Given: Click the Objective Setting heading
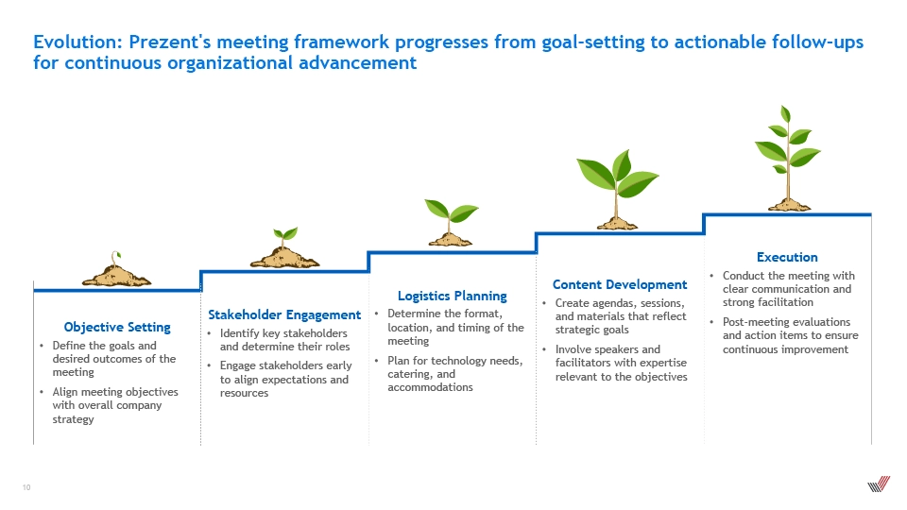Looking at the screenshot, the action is coord(117,328).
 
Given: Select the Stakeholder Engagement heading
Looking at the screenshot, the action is coord(284,315).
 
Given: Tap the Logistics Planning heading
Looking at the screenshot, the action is coord(452,296).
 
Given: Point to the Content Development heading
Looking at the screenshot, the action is coord(620,284).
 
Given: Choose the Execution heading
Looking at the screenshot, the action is coord(787,257).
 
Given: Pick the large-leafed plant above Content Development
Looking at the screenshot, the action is coord(617,190).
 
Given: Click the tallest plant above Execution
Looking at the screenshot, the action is coord(788,159).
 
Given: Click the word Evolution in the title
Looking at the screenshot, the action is coord(77,42).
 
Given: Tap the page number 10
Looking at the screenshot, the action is coord(26,487).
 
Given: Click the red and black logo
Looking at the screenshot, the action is coord(879,484).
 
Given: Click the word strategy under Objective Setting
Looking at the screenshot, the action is coord(73,419).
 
